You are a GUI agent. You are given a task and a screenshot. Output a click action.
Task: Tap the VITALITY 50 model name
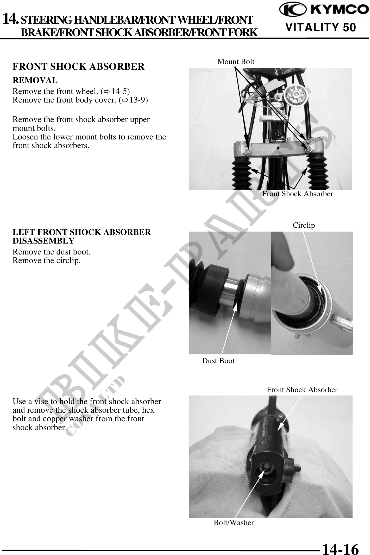[x=321, y=27]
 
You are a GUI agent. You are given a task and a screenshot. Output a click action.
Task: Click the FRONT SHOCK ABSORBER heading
[x=78, y=67]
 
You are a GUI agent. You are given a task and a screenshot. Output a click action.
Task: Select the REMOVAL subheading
[x=35, y=80]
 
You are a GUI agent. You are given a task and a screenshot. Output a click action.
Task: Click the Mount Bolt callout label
[x=236, y=62]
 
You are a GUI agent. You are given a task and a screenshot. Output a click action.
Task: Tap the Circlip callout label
[x=304, y=225]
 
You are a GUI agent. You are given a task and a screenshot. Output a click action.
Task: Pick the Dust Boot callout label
[x=218, y=361]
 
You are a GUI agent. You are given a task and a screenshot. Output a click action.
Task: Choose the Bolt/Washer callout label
[x=234, y=522]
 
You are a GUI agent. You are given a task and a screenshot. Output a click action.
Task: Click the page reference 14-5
[x=119, y=91]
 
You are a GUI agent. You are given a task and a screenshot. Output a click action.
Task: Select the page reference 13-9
[x=137, y=100]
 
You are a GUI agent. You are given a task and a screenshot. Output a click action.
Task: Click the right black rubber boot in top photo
[x=317, y=172]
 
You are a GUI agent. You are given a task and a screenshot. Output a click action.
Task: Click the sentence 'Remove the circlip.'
[x=47, y=260]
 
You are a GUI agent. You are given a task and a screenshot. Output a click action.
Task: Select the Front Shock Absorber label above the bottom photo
[x=302, y=390]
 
